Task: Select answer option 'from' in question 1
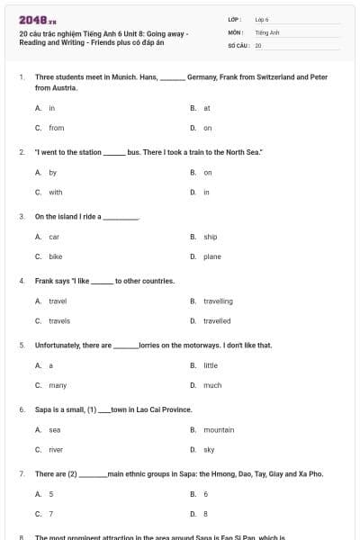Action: [56, 128]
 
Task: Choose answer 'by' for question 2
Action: [53, 172]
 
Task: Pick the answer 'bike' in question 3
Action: [55, 256]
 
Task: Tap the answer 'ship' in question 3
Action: [211, 237]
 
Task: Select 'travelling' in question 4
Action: [218, 301]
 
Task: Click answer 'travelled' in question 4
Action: [217, 320]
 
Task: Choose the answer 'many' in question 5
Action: [58, 385]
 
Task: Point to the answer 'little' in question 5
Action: [211, 365]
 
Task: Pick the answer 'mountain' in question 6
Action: [219, 430]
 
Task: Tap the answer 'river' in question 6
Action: [56, 449]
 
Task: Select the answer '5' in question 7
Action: [51, 494]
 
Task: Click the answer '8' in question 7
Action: [206, 514]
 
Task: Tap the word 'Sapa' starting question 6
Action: [43, 409]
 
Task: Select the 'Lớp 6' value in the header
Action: [262, 19]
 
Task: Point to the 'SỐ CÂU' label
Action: [238, 44]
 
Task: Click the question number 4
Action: [21, 281]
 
